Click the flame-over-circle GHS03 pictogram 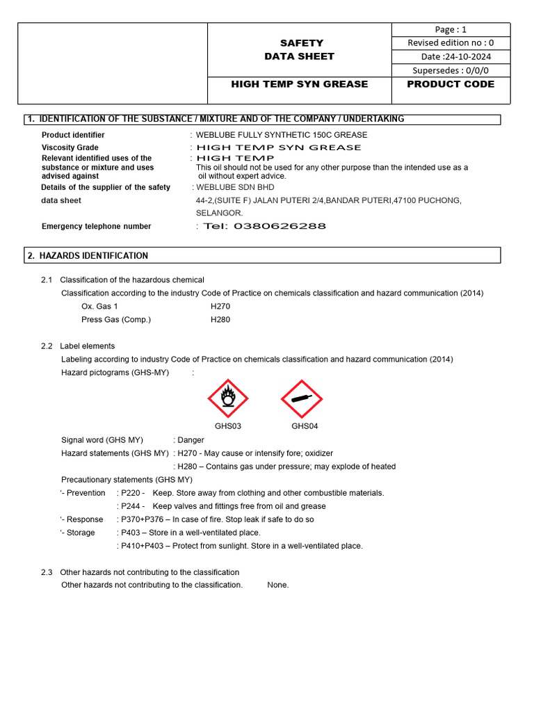point(228,398)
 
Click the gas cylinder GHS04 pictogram point(301,398)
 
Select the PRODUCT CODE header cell point(451,84)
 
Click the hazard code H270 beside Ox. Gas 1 point(220,306)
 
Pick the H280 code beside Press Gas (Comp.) point(220,320)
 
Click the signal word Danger point(191,440)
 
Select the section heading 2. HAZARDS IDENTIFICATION point(88,256)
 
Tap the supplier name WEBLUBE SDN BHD point(236,187)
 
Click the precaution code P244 point(132,506)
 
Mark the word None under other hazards point(277,585)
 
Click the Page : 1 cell point(451,29)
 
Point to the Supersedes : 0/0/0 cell point(451,70)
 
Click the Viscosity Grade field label point(70,147)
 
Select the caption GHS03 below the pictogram point(228,426)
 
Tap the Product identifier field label point(73,135)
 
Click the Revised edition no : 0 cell point(451,43)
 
